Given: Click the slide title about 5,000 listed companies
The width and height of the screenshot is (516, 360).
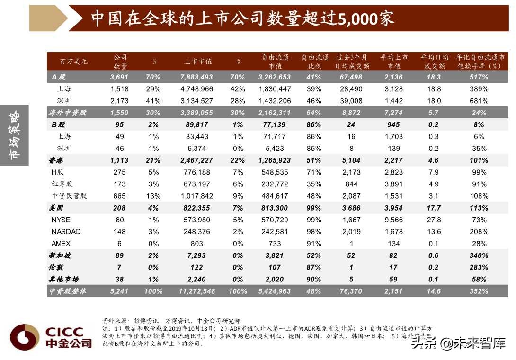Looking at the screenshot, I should point(242,19).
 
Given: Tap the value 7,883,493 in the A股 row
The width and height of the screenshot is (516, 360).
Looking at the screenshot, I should point(196,77).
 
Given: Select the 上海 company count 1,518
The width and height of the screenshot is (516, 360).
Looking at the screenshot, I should point(120,89).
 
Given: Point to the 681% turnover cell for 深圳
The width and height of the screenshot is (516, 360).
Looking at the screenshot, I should point(479,101).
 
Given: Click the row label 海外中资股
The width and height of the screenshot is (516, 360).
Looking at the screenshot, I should point(65,113).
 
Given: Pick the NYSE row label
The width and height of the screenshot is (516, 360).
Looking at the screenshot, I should point(61,220).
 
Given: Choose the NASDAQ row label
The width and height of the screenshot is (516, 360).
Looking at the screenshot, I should point(66,232).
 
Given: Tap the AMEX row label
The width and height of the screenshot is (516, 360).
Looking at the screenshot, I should point(61,244).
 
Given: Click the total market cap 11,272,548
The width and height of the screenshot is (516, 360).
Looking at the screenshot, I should point(196,291).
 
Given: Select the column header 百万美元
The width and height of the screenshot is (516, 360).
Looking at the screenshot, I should point(73,61).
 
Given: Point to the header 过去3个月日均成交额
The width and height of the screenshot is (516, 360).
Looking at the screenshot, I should point(351,61).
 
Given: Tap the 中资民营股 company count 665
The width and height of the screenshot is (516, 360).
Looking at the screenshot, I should point(120,196).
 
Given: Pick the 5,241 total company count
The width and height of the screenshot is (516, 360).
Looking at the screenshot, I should point(119,291).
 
